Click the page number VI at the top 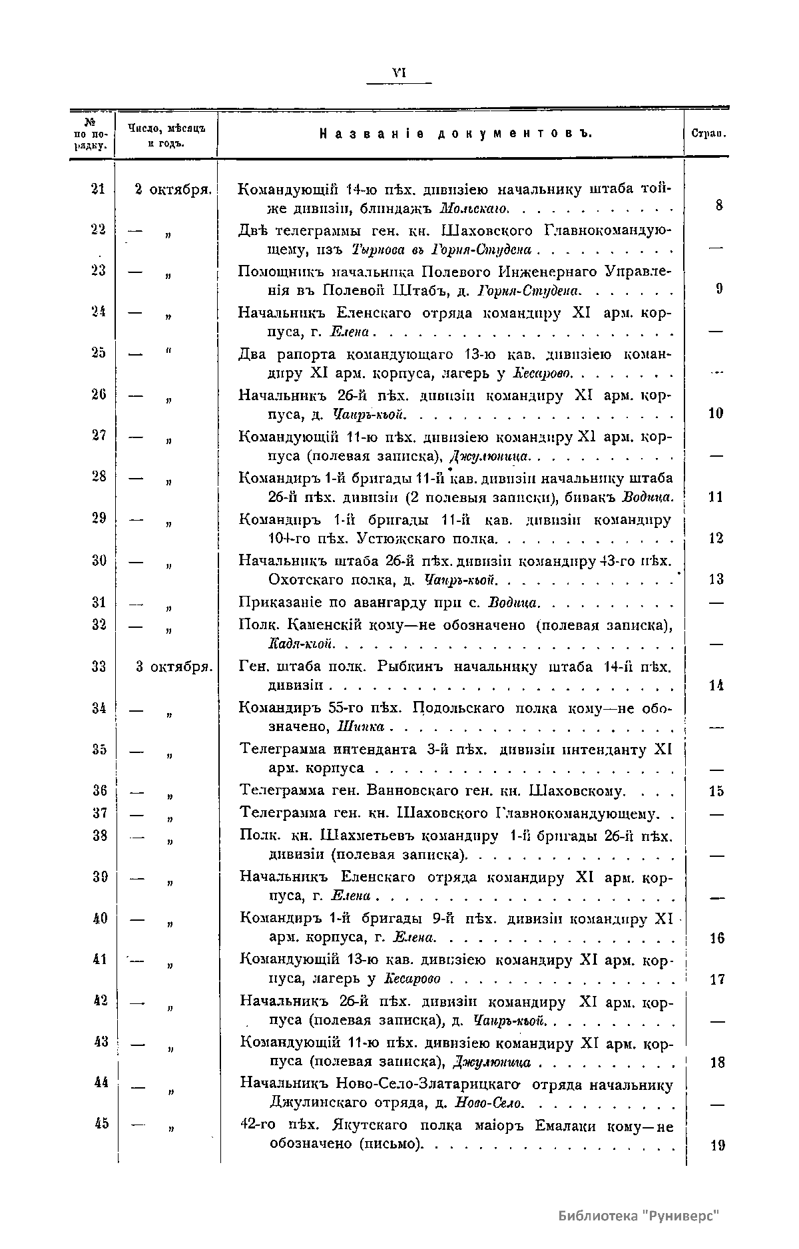[x=400, y=73]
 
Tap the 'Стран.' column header [x=708, y=134]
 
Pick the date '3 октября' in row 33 [x=173, y=666]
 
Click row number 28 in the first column [x=99, y=477]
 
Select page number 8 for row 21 [x=719, y=206]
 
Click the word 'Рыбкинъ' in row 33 [x=411, y=666]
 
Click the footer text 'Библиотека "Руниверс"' [x=640, y=1215]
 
